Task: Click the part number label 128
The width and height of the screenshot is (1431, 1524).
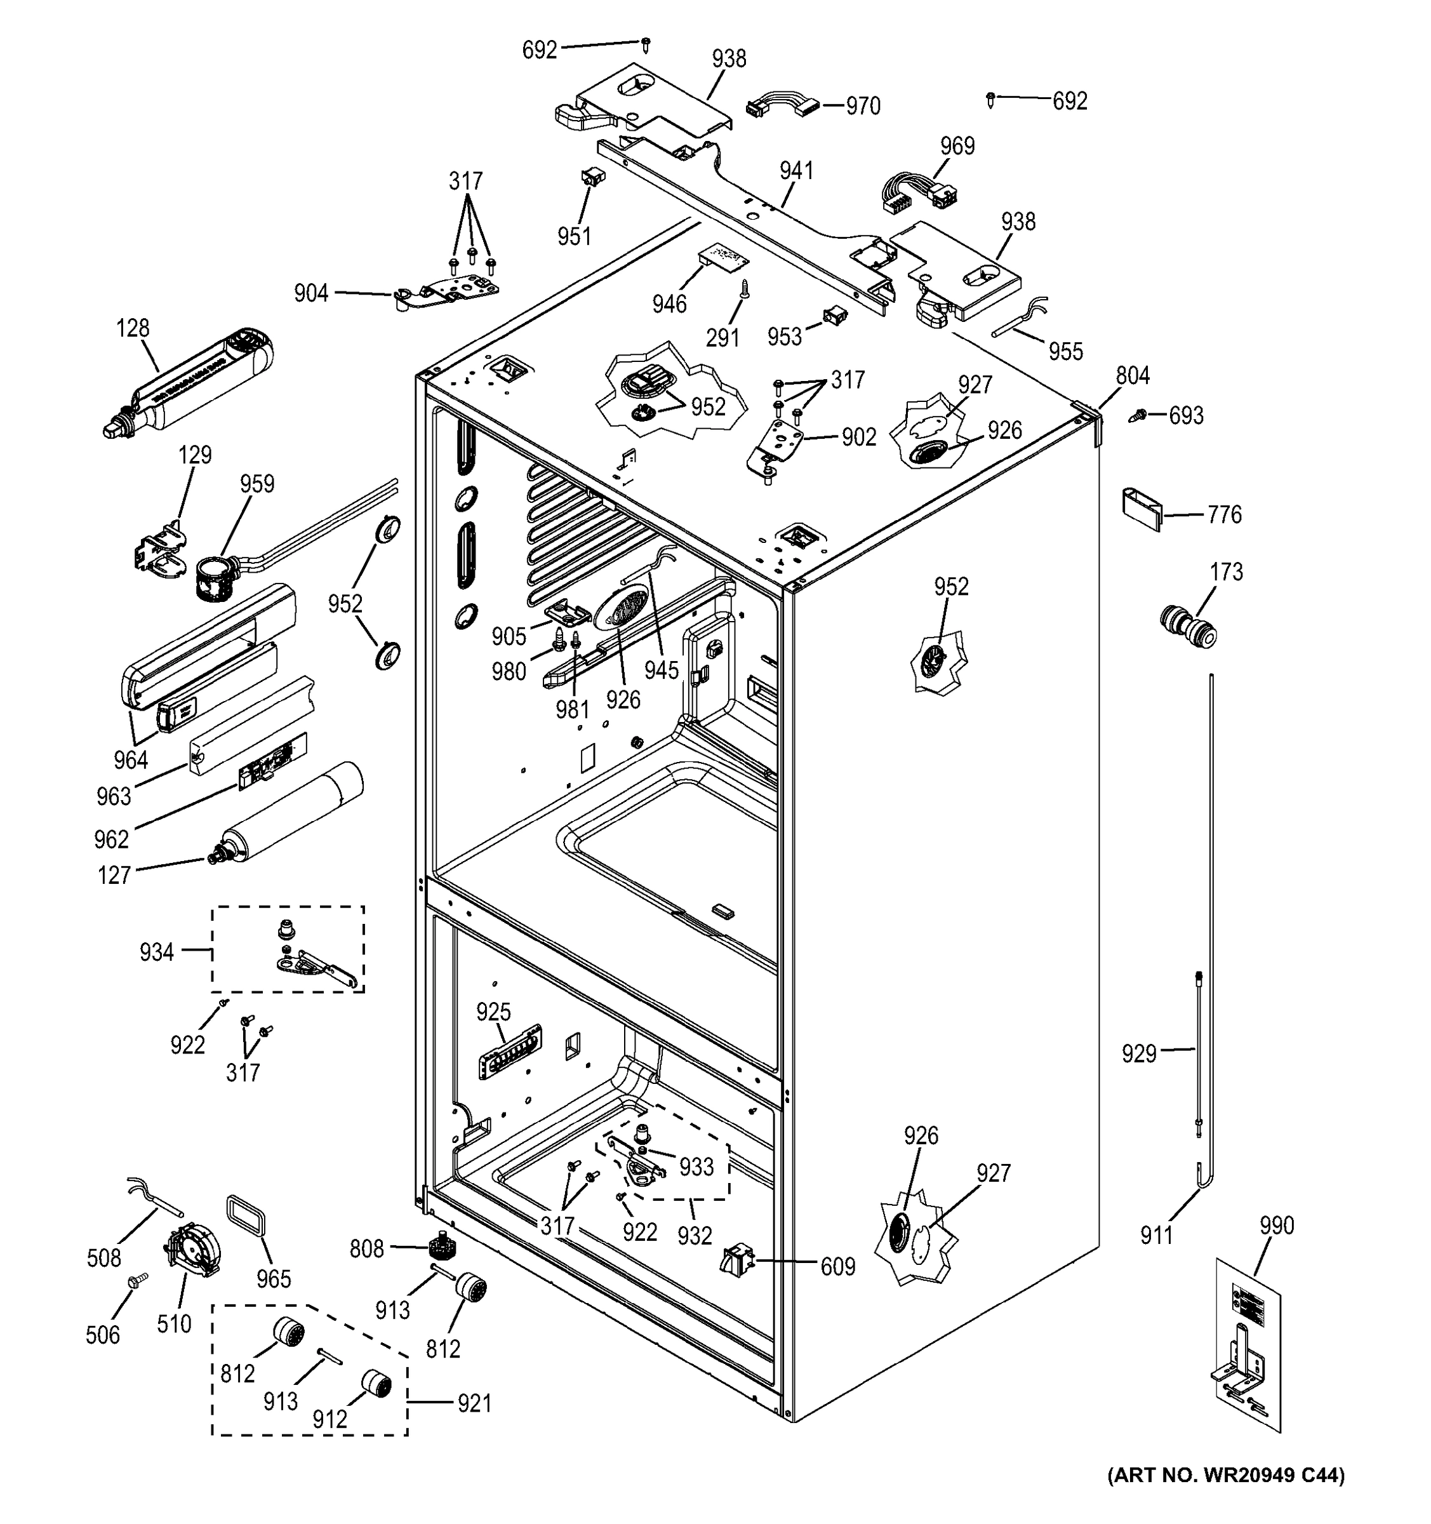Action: (133, 328)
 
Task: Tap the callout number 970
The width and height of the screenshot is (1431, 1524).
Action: (862, 106)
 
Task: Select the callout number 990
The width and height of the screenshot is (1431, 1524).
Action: (1276, 1225)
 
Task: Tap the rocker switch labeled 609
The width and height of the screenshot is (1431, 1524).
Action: (736, 1261)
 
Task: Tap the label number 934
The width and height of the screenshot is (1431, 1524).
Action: (156, 952)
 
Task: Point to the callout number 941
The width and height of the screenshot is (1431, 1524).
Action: (796, 170)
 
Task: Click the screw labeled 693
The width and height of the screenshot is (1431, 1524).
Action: (1139, 415)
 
